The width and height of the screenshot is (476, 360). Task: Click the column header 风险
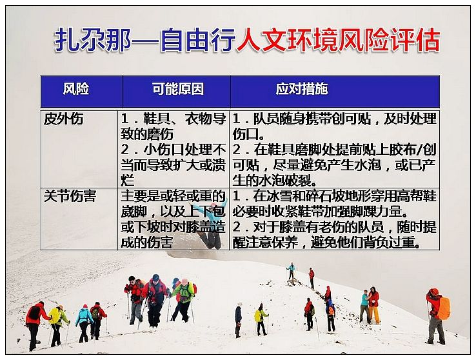(76, 89)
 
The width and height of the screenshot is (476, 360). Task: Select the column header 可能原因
(178, 89)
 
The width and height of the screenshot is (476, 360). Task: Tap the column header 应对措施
(302, 89)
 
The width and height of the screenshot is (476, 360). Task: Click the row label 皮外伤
(63, 119)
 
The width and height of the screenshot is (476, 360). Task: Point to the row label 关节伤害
(70, 196)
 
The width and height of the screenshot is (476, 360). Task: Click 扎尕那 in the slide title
(93, 40)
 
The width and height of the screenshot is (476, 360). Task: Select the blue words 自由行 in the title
(198, 40)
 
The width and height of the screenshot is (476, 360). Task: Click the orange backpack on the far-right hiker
(444, 308)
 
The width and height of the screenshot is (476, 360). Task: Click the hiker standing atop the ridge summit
(291, 271)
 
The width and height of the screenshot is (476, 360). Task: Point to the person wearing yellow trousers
(373, 305)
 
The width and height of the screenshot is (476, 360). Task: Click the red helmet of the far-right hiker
(434, 292)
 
